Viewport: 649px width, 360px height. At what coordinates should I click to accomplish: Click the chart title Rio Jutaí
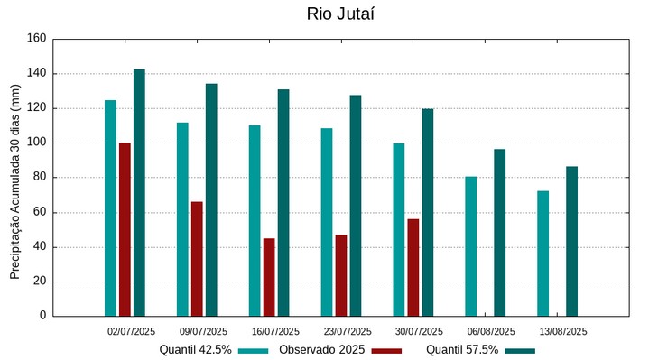click(x=340, y=14)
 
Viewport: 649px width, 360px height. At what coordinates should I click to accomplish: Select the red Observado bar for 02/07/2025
click(x=125, y=229)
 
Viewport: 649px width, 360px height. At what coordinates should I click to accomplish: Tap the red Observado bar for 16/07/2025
click(x=269, y=277)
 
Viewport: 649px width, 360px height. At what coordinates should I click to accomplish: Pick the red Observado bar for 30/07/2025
click(x=413, y=267)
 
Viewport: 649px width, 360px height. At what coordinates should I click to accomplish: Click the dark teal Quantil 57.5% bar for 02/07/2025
click(x=139, y=192)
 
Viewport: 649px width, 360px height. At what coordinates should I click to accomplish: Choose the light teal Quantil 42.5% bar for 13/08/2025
click(x=542, y=254)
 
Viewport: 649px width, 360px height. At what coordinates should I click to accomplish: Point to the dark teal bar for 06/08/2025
click(x=499, y=233)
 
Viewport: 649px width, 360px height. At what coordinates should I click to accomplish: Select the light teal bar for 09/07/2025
click(x=182, y=219)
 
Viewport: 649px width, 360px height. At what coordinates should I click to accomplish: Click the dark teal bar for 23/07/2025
click(x=356, y=206)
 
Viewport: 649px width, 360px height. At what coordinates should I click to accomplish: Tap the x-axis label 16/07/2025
click(x=275, y=331)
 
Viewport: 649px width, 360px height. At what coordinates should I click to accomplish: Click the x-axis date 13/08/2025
click(x=562, y=331)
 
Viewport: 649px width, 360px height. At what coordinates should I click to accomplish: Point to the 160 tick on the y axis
click(x=36, y=39)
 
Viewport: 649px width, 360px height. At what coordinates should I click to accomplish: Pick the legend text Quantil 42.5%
click(x=196, y=350)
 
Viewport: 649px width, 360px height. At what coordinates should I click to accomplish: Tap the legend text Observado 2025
click(x=321, y=350)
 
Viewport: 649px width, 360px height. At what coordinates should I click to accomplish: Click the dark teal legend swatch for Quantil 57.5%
click(x=520, y=351)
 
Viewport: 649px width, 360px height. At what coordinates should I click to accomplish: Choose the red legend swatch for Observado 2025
click(x=386, y=351)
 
